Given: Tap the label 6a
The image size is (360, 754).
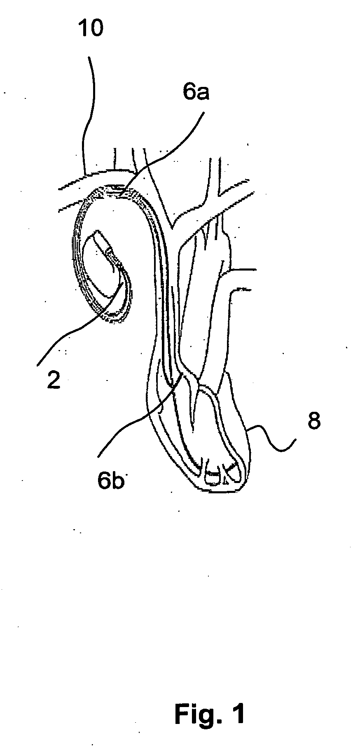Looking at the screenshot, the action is [x=196, y=93].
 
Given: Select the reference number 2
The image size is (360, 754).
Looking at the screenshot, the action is [x=53, y=381].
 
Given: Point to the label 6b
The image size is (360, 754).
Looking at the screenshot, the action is [x=110, y=480].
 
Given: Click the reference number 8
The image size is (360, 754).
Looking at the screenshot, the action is [x=314, y=422].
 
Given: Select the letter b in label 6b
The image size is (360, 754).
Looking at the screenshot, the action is [x=118, y=480].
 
